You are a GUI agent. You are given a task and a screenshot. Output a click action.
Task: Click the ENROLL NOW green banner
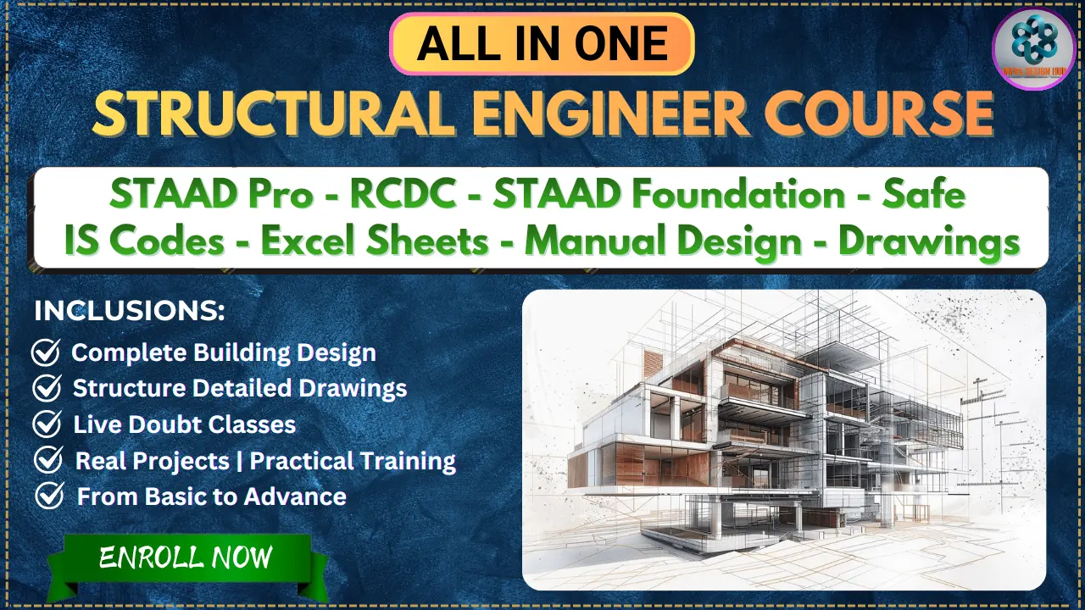tap(186, 557)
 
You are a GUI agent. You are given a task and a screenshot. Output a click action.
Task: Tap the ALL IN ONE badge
tap(542, 44)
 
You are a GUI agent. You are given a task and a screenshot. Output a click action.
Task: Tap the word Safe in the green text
tap(924, 196)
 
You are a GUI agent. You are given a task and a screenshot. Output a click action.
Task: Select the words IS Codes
tap(144, 241)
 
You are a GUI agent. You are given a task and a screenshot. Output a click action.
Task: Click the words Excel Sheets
tap(375, 241)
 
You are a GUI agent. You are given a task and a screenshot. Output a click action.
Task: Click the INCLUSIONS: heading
tap(130, 311)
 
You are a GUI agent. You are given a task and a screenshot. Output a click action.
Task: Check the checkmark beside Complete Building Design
tap(46, 352)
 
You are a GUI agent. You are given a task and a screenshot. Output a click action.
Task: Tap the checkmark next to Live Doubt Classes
tap(46, 424)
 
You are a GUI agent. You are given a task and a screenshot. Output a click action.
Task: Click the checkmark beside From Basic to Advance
tap(48, 496)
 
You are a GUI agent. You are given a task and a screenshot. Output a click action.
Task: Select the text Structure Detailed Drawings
tap(240, 388)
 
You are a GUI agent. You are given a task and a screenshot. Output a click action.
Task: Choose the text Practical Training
tap(353, 461)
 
